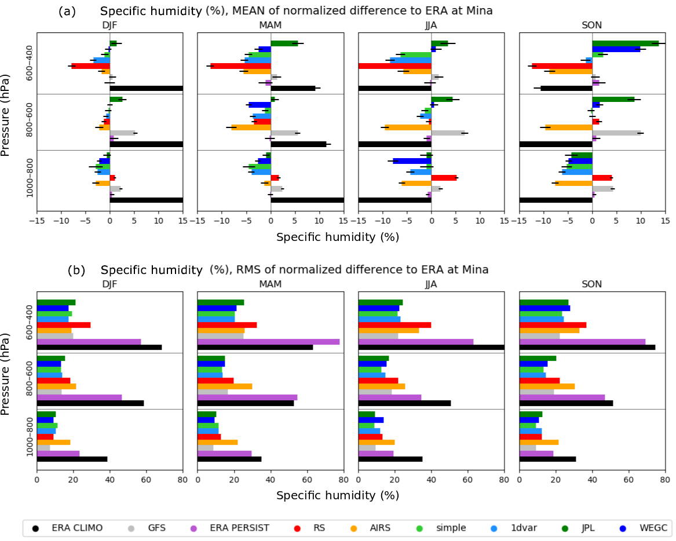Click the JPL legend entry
pyautogui.click(x=589, y=528)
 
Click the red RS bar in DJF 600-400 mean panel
pyautogui.click(x=90, y=66)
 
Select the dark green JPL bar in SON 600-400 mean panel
pyautogui.click(x=625, y=43)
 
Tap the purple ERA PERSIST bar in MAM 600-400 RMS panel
pyautogui.click(x=268, y=342)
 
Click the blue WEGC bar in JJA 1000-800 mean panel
pyautogui.click(x=412, y=160)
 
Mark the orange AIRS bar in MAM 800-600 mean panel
pyautogui.click(x=251, y=127)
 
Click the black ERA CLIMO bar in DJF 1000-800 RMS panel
pyautogui.click(x=72, y=459)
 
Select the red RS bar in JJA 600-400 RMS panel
pyautogui.click(x=394, y=325)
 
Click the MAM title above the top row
pyautogui.click(x=270, y=25)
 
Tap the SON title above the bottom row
pyautogui.click(x=591, y=284)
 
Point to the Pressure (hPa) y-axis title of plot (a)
pyautogui.click(x=6, y=115)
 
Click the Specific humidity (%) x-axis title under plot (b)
pyautogui.click(x=337, y=495)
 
